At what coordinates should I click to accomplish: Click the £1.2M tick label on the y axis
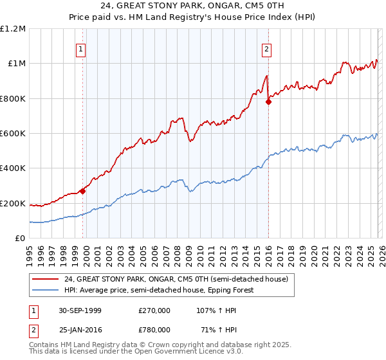(x=13, y=28)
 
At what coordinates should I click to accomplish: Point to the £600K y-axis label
(x=13, y=134)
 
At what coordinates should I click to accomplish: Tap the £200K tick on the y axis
(x=13, y=204)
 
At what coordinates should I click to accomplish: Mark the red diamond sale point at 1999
(x=83, y=191)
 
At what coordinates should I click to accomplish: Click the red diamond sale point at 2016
(x=268, y=102)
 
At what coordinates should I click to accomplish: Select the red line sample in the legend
(x=45, y=279)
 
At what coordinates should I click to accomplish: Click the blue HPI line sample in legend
(x=45, y=290)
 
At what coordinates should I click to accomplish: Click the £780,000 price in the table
(x=154, y=329)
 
